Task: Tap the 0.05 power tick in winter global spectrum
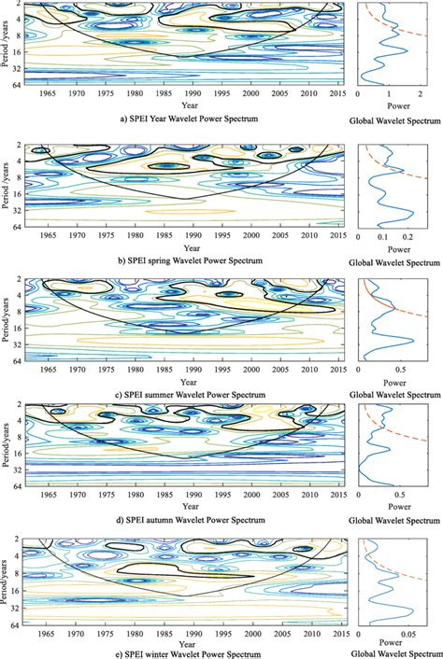click(411, 631)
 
